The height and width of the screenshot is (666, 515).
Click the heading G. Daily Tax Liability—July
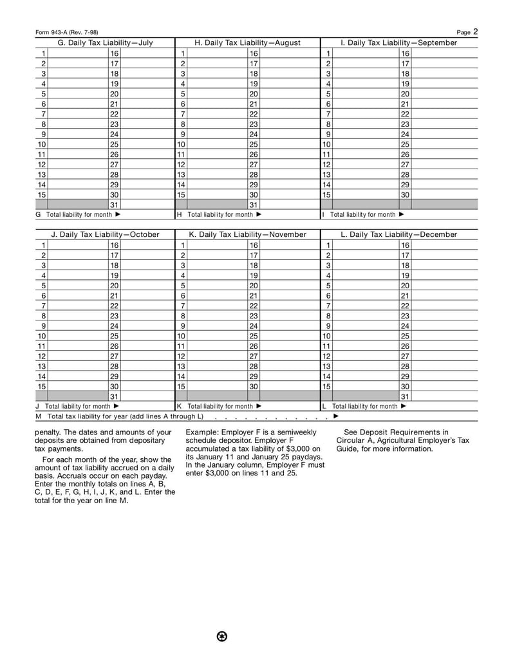pos(106,43)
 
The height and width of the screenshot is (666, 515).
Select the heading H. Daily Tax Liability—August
pos(247,43)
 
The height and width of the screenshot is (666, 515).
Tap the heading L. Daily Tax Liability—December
pos(398,235)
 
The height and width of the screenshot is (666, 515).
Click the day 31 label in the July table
pos(114,205)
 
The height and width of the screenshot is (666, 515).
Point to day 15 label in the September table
pos(326,194)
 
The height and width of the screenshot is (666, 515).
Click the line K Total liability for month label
pos(219,407)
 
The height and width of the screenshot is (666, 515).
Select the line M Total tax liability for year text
pos(120,416)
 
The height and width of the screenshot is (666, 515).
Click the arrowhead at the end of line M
pos(336,416)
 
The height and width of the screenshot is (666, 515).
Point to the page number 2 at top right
pos(476,31)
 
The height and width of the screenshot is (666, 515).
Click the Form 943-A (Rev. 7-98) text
pos(66,32)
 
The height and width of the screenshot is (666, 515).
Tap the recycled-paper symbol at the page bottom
pos(222,636)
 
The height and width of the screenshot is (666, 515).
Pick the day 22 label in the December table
pos(405,306)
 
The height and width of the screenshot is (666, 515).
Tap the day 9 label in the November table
pos(183,326)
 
